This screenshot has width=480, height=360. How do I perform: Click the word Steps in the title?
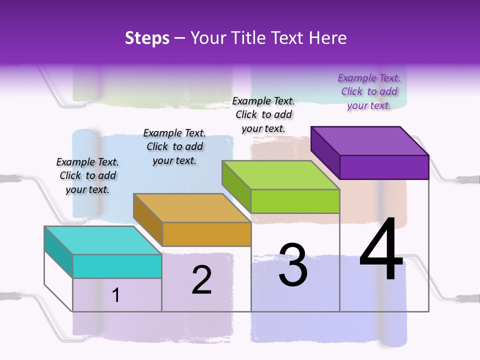coord(147,38)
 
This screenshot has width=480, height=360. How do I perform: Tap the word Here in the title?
coord(327,38)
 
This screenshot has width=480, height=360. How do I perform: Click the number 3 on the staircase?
coord(293,265)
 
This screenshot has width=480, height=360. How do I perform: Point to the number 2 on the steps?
coord(201,280)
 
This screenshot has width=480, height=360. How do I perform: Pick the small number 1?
coord(116,295)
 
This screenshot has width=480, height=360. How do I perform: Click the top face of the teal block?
coord(102,240)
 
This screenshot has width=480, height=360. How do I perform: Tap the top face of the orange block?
coord(191,207)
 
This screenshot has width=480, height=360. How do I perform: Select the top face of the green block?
coord(280,175)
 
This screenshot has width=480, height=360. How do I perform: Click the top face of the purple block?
coord(369,141)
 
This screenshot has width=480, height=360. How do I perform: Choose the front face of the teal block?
coord(117,266)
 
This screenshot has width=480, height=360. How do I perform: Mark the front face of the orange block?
coord(206,234)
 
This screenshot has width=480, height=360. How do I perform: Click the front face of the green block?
coord(295,201)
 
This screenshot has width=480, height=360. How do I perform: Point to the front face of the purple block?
coord(384,167)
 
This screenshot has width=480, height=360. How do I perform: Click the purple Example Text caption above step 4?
coord(369,91)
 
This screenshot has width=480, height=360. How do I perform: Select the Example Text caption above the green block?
coord(263,114)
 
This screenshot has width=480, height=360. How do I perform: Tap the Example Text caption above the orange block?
coord(174,146)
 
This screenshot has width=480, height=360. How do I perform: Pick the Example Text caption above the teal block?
coord(87,175)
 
